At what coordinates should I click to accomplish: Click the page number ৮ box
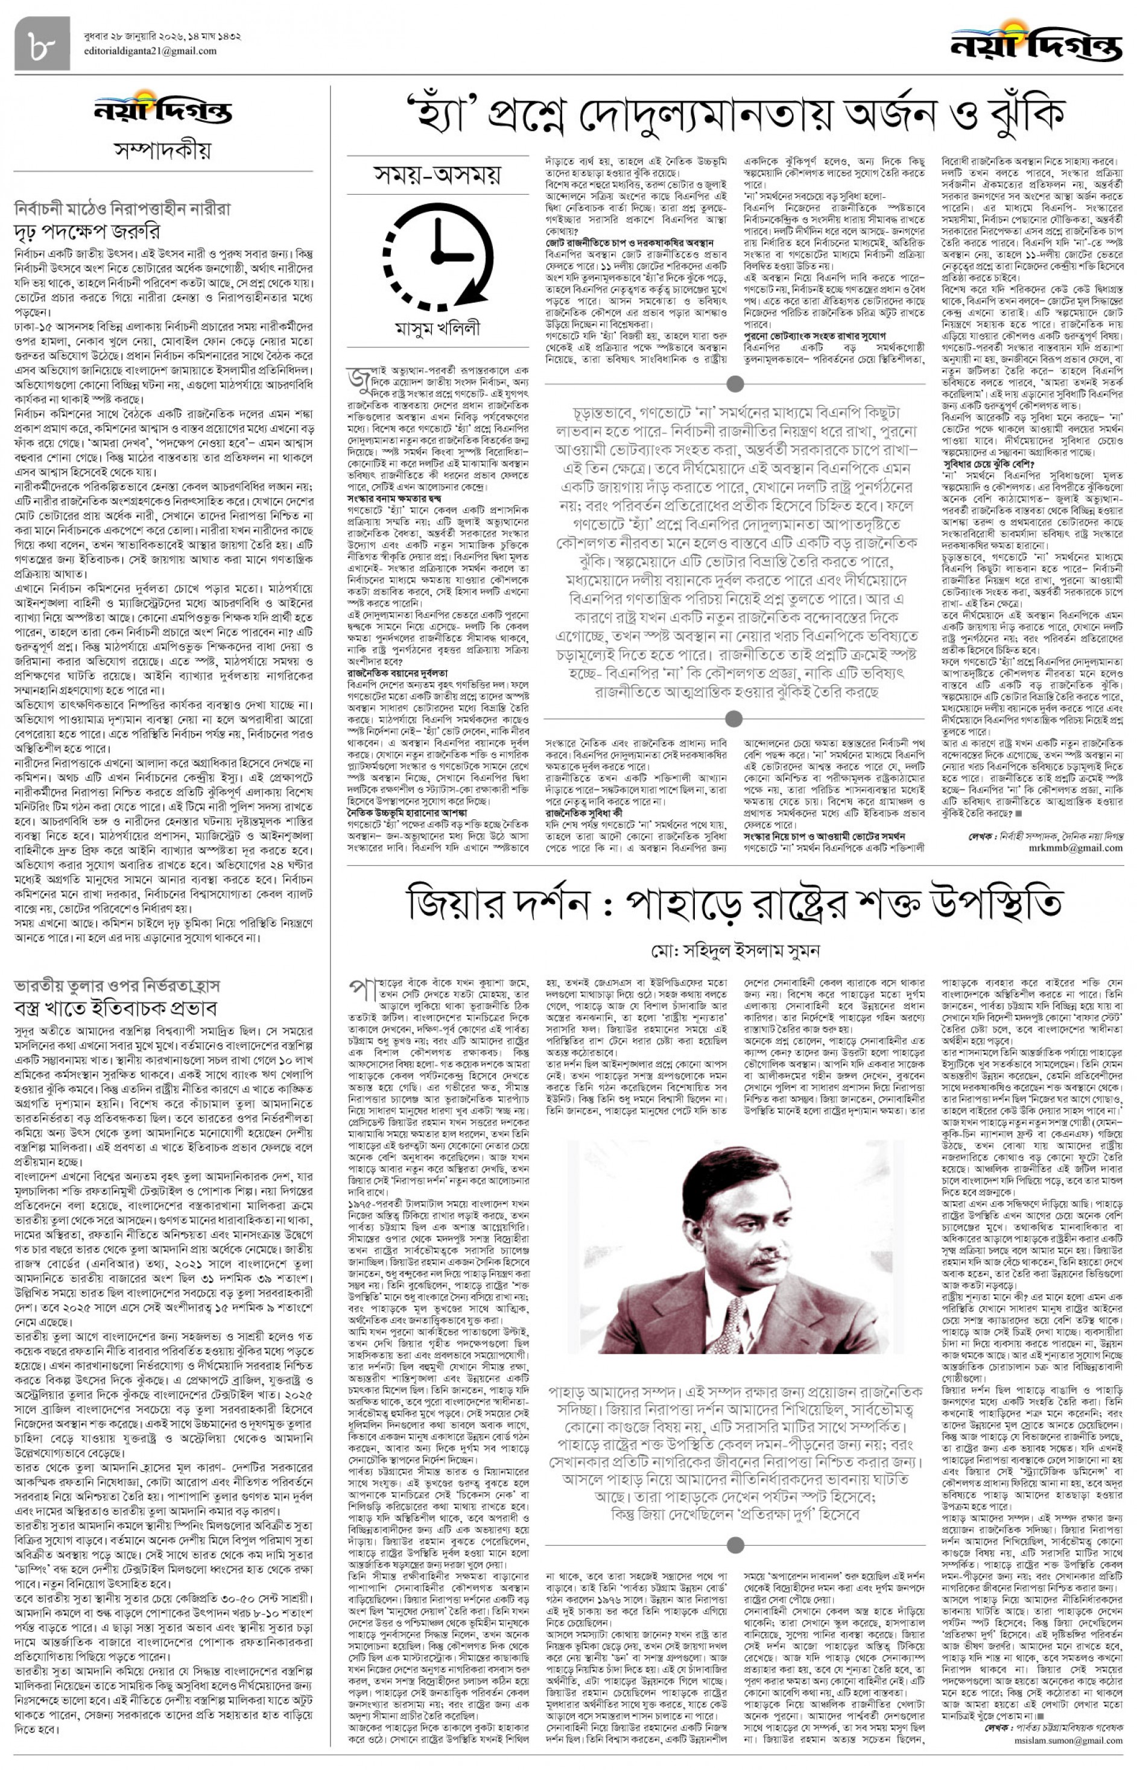37,44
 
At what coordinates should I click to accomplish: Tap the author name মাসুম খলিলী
438,329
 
